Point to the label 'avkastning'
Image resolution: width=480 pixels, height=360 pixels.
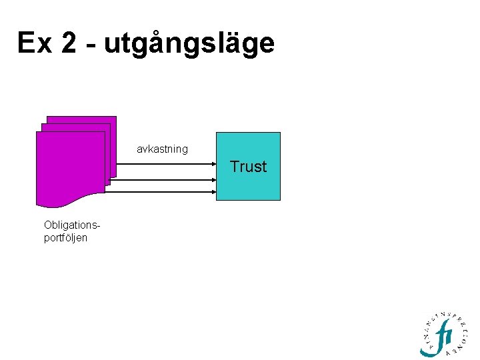[162, 149]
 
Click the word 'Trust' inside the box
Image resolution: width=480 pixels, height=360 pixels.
[248, 167]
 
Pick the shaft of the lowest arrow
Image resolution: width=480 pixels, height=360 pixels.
[160, 192]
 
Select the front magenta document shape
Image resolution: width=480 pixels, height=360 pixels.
[70, 167]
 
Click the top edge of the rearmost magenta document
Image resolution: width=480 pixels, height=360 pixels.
[81, 117]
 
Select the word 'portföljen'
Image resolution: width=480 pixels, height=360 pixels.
[65, 237]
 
